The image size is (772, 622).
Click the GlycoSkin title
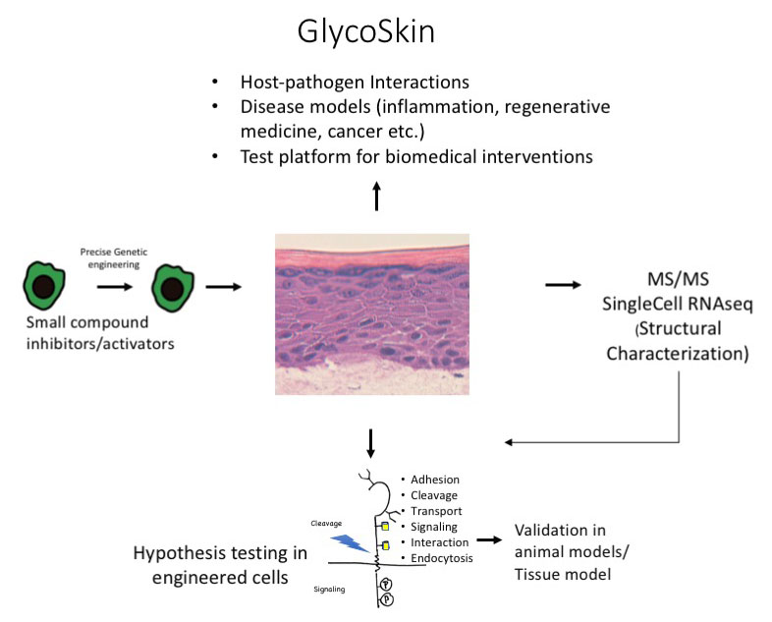365,32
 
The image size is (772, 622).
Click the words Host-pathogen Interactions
355,82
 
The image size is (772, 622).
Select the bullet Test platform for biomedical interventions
416,156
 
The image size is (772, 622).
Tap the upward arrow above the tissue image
376,196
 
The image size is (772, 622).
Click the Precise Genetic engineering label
114,258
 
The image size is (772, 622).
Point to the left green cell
44,286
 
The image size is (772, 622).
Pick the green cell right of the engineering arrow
173,288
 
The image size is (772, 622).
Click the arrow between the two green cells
115,287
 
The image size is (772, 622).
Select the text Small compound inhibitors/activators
100,333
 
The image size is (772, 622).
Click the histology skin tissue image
372,314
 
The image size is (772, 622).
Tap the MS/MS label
678,279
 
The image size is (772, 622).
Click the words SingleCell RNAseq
678,304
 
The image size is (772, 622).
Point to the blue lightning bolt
350,542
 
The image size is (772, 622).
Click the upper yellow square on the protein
385,527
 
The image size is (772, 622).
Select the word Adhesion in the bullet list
435,480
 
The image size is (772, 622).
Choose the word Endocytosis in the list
442,558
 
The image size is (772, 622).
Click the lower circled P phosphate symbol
388,599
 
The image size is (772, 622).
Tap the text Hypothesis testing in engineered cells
220,565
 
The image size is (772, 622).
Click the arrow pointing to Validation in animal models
489,540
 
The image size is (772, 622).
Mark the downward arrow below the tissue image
370,444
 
